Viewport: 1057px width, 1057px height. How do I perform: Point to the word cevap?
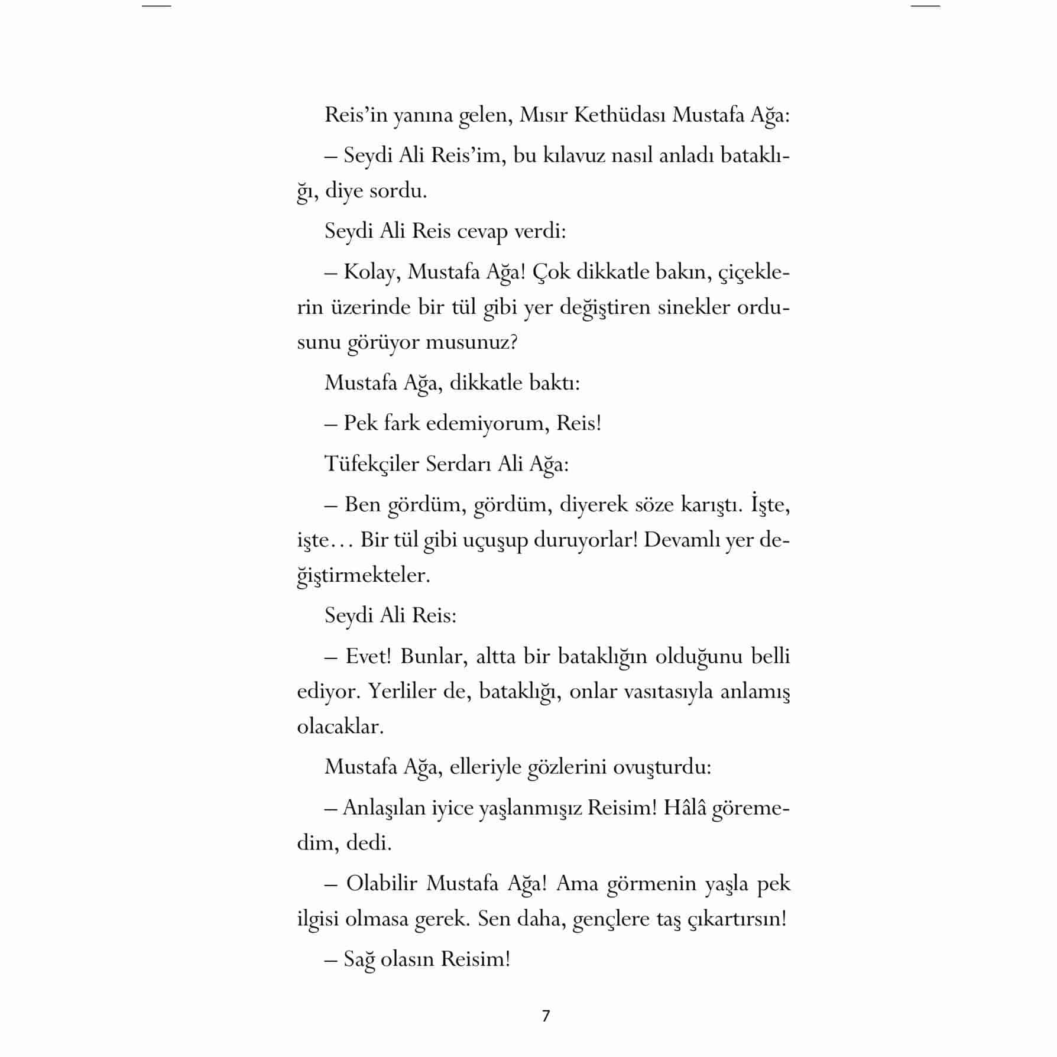coord(482,231)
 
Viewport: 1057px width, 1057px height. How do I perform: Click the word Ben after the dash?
coord(362,505)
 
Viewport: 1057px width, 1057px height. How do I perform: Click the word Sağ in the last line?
coord(359,959)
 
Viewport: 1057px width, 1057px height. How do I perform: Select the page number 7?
coord(546,1016)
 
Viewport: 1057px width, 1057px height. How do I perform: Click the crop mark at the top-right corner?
coord(925,6)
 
